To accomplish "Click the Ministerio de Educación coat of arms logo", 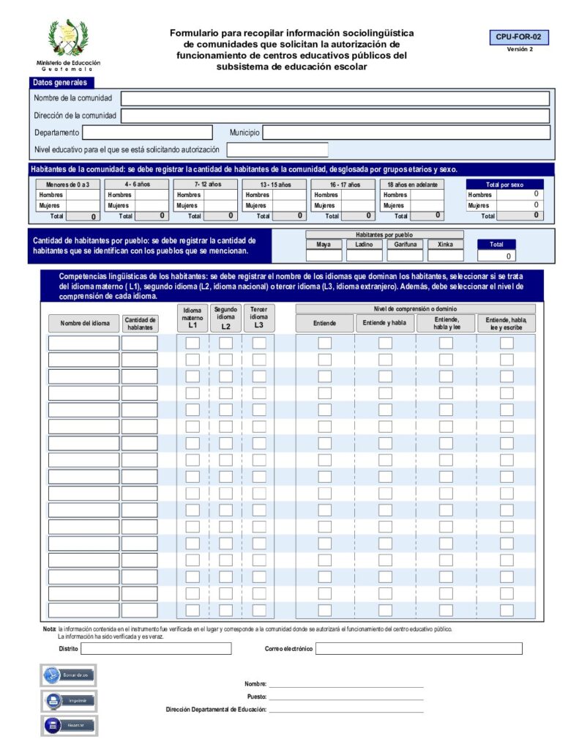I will [x=68, y=38].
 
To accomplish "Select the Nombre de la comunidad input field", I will [x=335, y=98].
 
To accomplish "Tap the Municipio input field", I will [x=406, y=133].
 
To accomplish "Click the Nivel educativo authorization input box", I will [x=277, y=149].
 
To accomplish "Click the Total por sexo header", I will [x=504, y=185].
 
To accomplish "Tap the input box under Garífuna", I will [x=405, y=256].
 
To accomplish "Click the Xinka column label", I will [x=445, y=245].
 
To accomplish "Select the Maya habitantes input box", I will [x=324, y=256].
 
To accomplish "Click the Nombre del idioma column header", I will [x=84, y=323].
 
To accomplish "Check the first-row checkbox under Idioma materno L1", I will [x=193, y=343].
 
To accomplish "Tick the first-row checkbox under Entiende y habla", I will [x=385, y=343].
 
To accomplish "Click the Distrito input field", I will [x=155, y=649].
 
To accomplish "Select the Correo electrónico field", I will [x=419, y=649].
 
